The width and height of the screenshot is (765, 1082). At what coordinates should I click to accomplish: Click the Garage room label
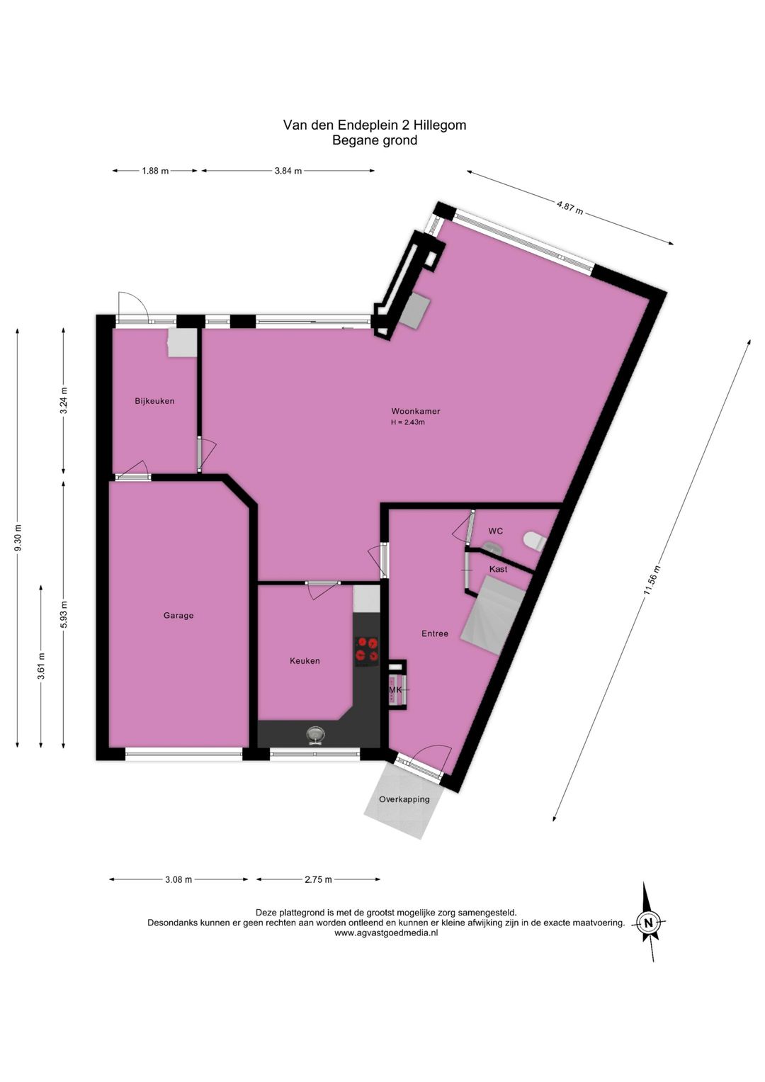click(178, 615)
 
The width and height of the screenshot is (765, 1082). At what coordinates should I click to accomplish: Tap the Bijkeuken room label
click(154, 401)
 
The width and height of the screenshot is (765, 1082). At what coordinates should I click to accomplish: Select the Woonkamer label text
click(415, 412)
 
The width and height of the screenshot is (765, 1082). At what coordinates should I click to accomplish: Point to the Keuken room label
click(305, 661)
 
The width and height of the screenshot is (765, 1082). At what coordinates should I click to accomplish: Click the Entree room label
click(435, 633)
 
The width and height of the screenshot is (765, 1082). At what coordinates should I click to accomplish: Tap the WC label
click(496, 531)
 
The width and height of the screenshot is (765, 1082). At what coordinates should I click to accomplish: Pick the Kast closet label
click(498, 569)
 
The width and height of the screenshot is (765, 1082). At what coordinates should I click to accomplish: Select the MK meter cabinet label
click(395, 690)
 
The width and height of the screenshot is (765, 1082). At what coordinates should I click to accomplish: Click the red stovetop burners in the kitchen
click(367, 649)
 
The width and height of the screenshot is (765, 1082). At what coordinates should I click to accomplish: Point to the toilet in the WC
click(534, 540)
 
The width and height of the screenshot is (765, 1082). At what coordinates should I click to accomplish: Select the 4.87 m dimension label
click(570, 208)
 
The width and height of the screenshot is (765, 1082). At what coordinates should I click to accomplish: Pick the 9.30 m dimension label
click(18, 538)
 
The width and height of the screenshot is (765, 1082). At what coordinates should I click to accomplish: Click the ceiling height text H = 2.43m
click(408, 422)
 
